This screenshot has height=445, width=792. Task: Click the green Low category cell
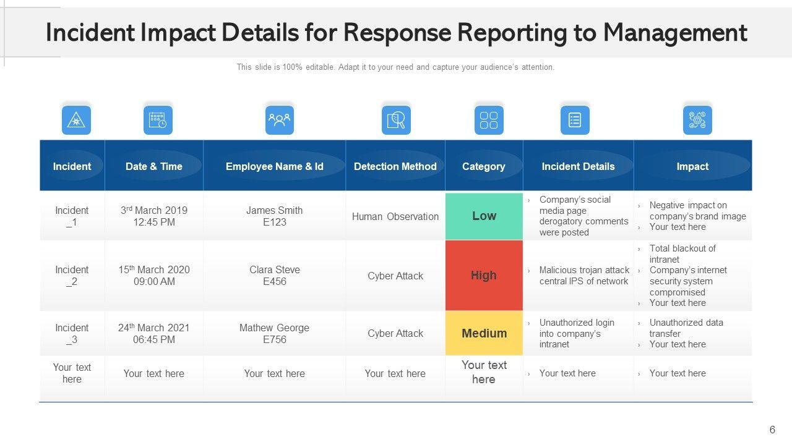click(484, 216)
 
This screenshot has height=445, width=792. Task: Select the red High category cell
click(484, 276)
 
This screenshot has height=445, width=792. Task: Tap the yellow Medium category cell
click(484, 333)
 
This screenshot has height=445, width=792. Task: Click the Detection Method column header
click(395, 166)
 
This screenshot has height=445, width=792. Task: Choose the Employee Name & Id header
click(275, 166)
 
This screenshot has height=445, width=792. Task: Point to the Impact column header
click(692, 166)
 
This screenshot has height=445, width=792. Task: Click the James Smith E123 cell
click(275, 216)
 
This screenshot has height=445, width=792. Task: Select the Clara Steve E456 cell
click(275, 276)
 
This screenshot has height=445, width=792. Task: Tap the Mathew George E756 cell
click(275, 333)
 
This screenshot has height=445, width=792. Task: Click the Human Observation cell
click(395, 216)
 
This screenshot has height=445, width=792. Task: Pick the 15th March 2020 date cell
click(154, 276)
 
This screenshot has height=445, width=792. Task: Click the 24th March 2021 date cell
click(154, 333)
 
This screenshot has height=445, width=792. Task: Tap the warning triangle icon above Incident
click(76, 120)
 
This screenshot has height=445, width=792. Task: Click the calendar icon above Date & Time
click(158, 120)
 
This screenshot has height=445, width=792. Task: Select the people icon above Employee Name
click(279, 120)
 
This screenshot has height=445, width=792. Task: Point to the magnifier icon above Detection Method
click(396, 120)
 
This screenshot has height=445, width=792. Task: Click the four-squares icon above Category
click(489, 120)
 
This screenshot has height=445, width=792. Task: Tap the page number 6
click(772, 430)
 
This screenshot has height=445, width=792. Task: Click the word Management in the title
click(675, 32)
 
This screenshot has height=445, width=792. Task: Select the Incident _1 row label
click(72, 216)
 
